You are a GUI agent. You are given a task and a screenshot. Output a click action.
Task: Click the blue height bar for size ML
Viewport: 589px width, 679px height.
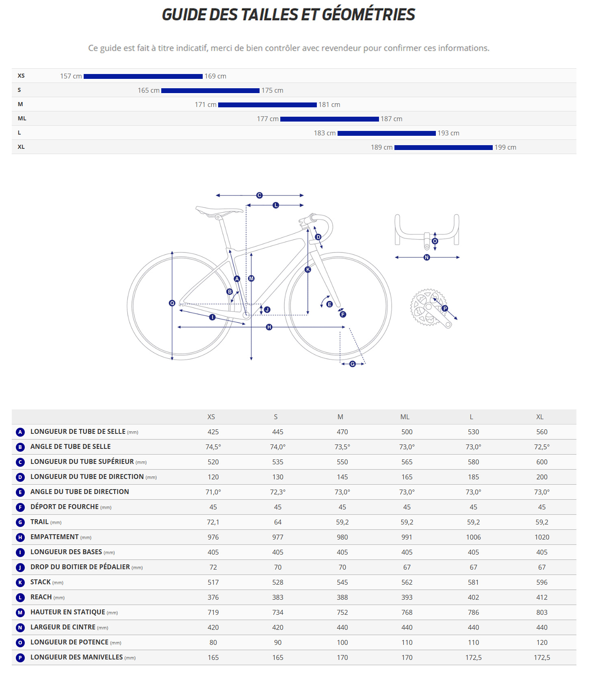329,119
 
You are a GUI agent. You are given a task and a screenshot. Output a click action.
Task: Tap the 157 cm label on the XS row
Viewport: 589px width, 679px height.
71,76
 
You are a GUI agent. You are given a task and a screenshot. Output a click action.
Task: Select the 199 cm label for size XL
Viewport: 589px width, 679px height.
505,148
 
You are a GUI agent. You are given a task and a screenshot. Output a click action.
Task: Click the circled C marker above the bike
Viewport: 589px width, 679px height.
260,196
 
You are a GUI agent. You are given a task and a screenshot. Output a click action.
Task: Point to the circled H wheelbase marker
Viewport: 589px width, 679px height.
269,327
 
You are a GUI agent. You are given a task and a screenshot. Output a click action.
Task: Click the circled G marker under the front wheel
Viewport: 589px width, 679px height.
353,364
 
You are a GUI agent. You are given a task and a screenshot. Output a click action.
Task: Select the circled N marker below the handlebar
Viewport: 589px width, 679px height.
427,257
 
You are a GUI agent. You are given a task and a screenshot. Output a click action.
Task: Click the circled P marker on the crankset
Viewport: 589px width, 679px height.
445,309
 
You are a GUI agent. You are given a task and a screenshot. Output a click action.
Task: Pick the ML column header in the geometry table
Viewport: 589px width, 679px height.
405,417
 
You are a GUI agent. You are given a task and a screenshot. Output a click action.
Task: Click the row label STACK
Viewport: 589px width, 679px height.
41,582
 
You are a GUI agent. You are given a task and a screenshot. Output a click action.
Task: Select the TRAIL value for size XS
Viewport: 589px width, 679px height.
213,522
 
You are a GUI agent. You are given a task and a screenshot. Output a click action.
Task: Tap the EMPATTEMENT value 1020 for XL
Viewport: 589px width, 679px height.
541,537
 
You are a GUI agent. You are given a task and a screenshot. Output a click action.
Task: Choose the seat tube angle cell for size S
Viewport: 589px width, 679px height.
278,447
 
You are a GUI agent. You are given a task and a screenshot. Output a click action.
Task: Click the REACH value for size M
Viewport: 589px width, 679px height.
342,597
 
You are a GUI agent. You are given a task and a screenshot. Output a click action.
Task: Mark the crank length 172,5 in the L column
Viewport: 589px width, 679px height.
473,657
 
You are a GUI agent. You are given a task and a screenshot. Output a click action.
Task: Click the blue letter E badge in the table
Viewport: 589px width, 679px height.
20,492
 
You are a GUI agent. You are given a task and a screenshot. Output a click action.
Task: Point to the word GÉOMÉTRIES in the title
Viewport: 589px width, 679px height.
368,15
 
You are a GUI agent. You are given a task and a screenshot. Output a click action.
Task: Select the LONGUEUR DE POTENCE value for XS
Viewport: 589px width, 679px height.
213,642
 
